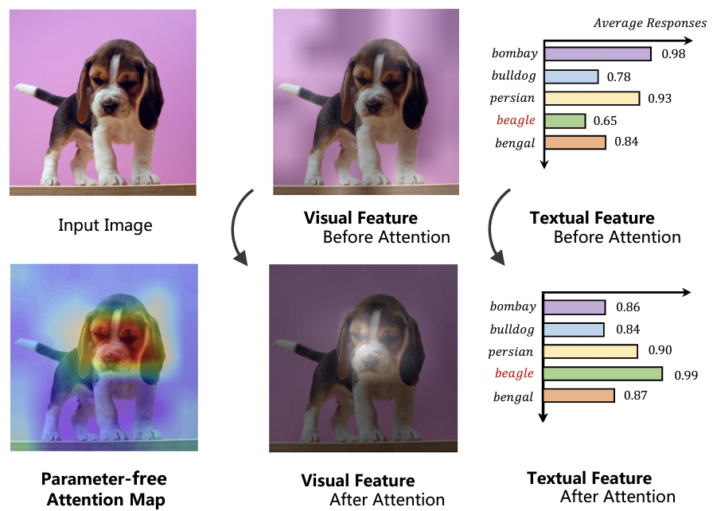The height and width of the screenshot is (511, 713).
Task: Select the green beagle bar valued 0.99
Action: tap(603, 373)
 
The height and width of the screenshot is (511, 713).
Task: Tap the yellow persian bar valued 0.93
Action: tap(592, 99)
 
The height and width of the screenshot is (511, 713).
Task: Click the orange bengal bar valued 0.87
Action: tap(579, 396)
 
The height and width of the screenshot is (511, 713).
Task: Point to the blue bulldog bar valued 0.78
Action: tap(571, 76)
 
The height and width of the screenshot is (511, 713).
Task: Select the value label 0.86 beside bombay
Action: tap(628, 307)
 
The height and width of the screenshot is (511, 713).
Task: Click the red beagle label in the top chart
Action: tap(516, 121)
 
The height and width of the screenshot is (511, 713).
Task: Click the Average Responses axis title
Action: tap(649, 23)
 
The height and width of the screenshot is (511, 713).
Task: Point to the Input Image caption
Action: tap(105, 225)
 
